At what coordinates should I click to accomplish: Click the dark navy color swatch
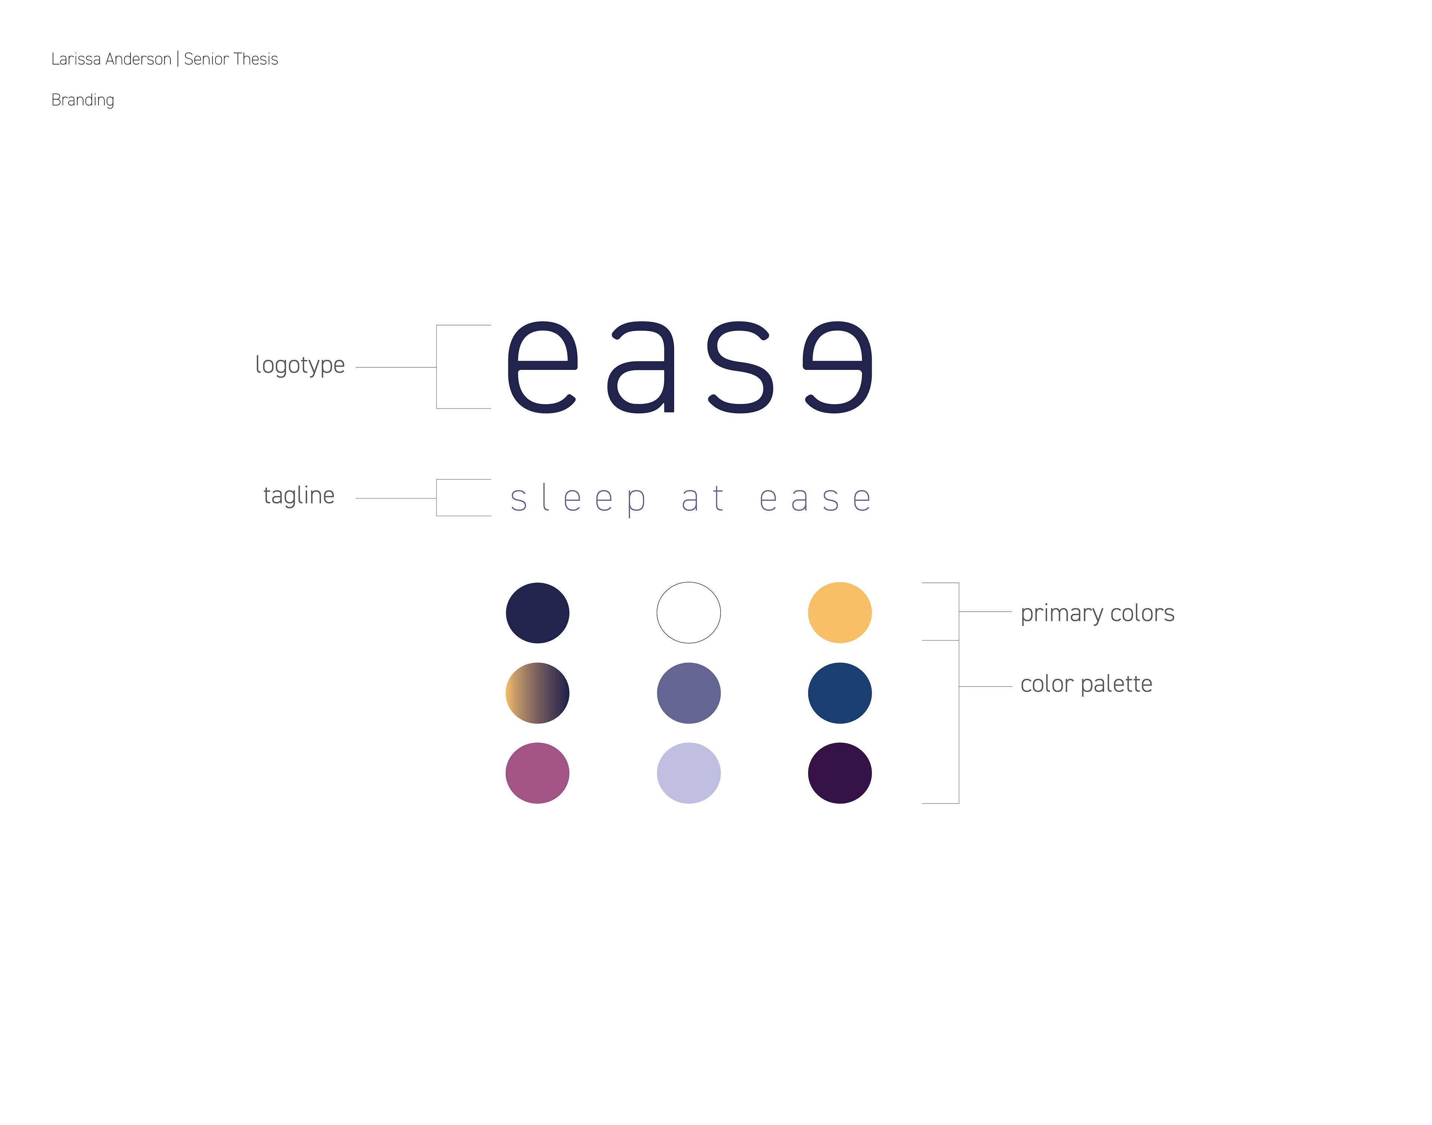[537, 613]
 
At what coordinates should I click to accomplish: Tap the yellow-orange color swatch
[840, 613]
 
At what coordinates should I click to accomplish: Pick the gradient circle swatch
[537, 693]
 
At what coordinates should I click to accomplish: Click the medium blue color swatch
[840, 693]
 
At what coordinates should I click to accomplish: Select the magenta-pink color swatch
[537, 773]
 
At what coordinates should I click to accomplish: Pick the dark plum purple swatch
[840, 773]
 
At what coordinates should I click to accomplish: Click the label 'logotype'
[300, 365]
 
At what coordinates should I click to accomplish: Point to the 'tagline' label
[299, 495]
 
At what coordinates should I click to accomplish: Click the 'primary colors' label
[1097, 614]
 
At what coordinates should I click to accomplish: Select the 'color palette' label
[1086, 684]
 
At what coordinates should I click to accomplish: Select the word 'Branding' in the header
[83, 100]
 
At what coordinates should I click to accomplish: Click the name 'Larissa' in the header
[75, 59]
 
